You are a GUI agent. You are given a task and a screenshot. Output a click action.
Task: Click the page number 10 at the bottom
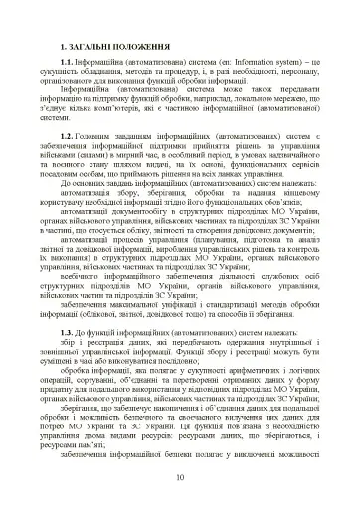coord(179,480)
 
